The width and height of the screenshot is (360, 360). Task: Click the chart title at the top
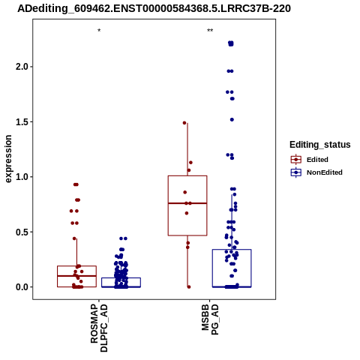(154, 9)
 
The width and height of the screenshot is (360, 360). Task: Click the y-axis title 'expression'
(8, 159)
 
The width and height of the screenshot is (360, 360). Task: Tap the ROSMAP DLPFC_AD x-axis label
(99, 328)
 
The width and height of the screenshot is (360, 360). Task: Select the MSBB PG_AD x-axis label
(210, 319)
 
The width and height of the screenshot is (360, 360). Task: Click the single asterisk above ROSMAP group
(99, 31)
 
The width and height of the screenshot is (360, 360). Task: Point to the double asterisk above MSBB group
(210, 31)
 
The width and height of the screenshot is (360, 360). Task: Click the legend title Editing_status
(320, 145)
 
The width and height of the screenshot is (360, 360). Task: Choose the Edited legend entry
(310, 160)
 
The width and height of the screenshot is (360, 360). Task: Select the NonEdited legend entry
(316, 172)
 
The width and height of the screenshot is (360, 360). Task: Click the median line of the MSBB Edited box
(187, 203)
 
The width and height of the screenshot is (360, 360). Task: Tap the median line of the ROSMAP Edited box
(76, 276)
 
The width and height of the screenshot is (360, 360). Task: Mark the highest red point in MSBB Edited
(184, 123)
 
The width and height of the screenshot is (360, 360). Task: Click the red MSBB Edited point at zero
(189, 286)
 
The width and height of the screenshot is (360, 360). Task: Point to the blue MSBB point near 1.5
(232, 120)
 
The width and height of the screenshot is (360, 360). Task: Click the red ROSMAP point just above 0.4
(74, 238)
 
